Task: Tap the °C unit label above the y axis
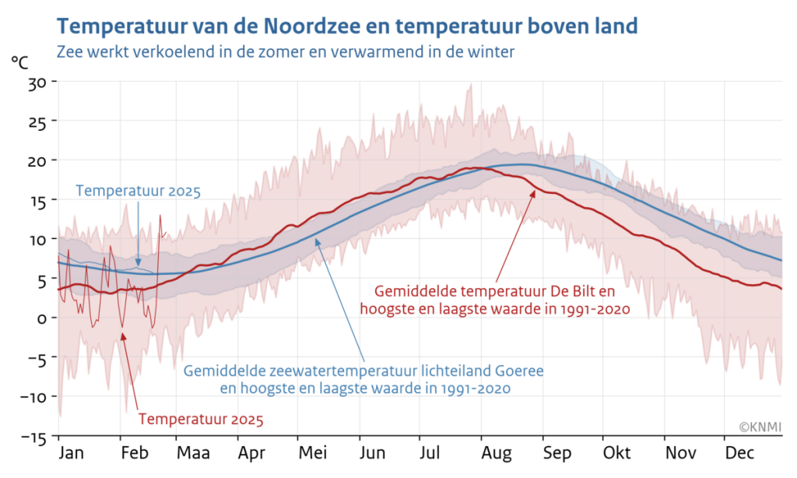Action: point(22,62)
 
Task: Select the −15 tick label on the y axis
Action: point(34,437)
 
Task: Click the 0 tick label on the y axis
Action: point(42,318)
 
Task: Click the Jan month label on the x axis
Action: point(72,453)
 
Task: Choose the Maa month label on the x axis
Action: point(191,453)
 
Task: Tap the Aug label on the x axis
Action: point(494,453)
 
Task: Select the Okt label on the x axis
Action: point(616,453)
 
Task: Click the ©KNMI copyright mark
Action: point(759,427)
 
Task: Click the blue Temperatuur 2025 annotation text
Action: point(138,191)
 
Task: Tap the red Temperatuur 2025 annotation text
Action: point(201,420)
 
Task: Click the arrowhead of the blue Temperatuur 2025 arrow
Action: point(138,264)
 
